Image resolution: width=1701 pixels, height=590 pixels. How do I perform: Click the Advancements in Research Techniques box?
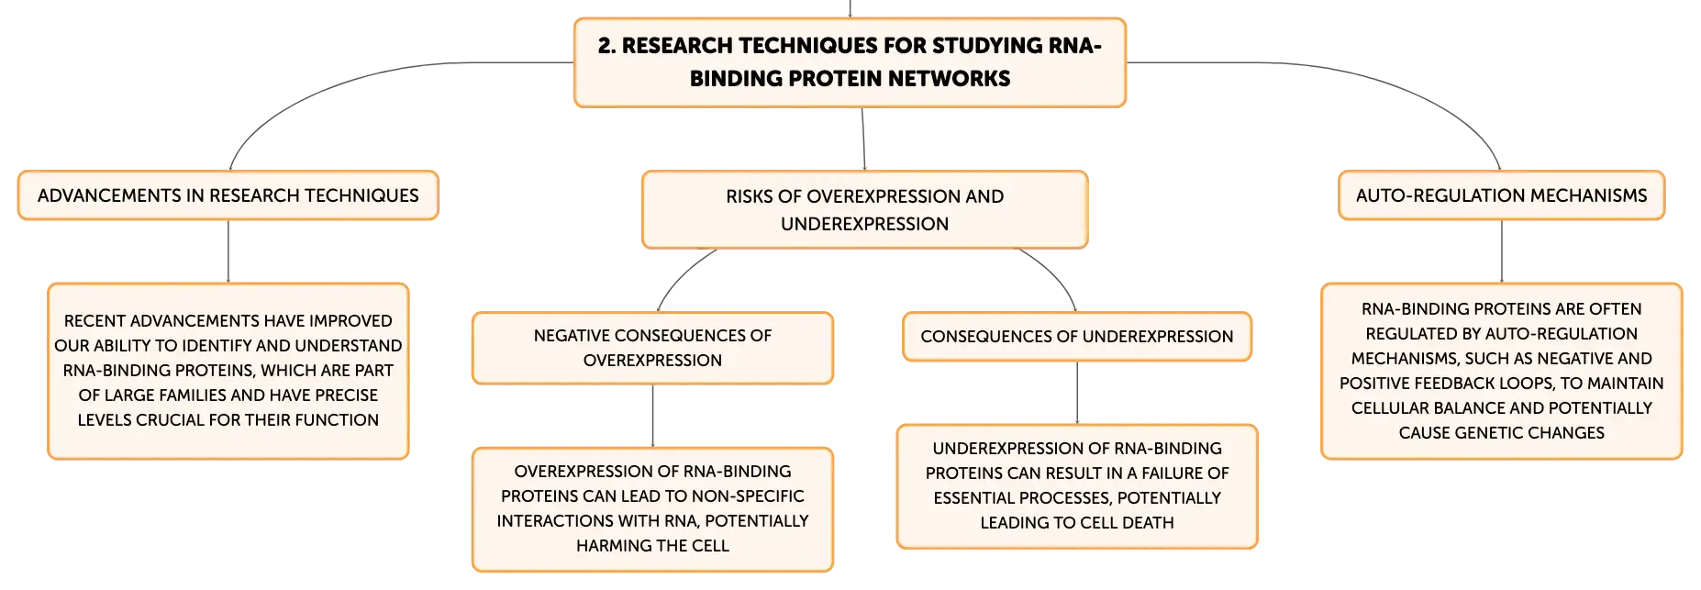228,195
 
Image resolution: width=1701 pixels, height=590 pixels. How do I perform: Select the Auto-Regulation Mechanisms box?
1501,195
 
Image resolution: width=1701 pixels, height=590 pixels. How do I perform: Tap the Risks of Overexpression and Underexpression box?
865,209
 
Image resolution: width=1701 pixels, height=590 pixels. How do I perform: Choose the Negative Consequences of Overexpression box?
652,348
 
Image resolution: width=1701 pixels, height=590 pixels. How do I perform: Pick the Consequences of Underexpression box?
1077,337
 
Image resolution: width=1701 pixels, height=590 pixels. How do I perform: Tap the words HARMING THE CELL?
652,546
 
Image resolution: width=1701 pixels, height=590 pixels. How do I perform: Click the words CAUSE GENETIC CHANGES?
1501,433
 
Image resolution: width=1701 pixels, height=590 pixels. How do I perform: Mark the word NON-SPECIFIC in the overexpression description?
749,496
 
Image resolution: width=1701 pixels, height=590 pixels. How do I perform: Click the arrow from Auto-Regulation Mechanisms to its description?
1502,251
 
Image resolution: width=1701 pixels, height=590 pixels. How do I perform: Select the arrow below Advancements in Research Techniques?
228,251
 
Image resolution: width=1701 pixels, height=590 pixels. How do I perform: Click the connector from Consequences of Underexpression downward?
1077,393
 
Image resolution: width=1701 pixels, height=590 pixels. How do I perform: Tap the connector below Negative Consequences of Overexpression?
652,416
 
